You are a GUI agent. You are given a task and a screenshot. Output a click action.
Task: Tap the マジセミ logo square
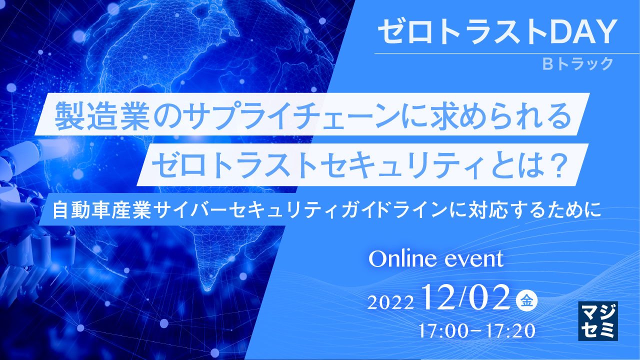[597, 320]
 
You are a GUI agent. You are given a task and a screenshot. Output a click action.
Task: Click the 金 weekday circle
[526, 301]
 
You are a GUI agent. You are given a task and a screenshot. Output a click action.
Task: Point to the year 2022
[390, 302]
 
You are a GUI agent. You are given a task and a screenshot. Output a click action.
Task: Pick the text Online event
[435, 259]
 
